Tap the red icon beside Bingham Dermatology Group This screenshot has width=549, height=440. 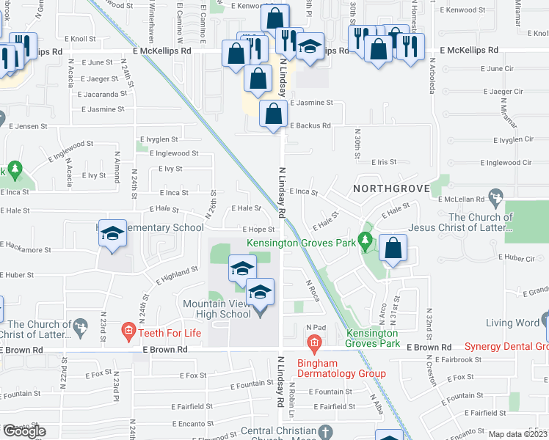(314, 342)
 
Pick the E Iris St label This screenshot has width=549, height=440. (383, 162)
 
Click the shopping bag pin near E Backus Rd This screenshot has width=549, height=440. (273, 114)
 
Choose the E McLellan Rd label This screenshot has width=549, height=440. (462, 199)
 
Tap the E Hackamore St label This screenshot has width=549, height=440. (25, 249)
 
